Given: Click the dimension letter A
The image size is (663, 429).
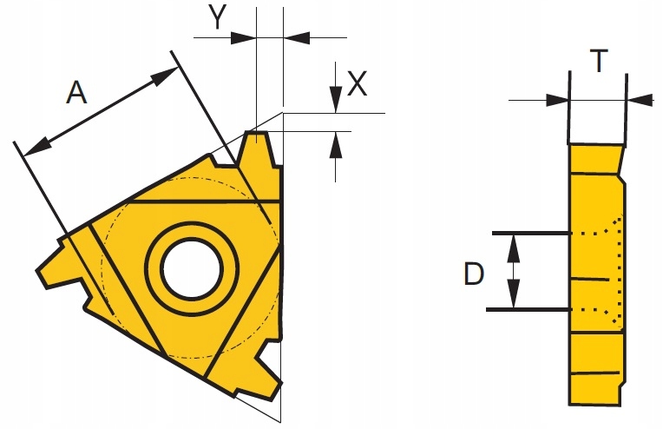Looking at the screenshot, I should point(77,93).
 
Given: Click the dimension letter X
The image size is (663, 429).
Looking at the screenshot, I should point(357,83).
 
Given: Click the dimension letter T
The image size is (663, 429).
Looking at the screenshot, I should point(598,62).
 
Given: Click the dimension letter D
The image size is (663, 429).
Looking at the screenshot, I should point(473,274).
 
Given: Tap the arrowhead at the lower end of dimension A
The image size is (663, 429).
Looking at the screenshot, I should point(34,148).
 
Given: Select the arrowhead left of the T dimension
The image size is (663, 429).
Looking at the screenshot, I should point(559,101).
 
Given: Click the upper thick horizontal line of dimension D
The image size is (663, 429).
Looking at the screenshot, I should point(529,234).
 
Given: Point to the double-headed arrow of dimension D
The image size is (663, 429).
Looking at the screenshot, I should point(515,271).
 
